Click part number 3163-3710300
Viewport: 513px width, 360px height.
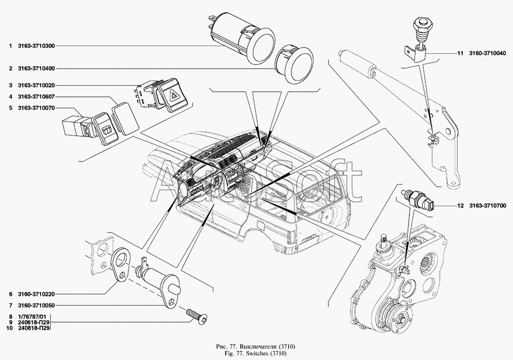coord(36,46)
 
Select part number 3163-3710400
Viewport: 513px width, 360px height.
coord(36,69)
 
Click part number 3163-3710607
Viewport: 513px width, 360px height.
coord(36,97)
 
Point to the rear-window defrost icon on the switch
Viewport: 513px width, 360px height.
coord(106,131)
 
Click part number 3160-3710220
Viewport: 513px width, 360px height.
coord(36,294)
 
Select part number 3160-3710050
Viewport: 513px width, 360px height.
coord(36,306)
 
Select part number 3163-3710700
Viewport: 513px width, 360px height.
coord(487,206)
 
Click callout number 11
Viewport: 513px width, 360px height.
coord(460,54)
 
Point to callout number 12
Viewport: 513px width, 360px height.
coord(460,206)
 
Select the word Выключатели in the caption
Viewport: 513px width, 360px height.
coord(259,347)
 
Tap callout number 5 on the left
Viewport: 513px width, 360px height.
coord(11,108)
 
